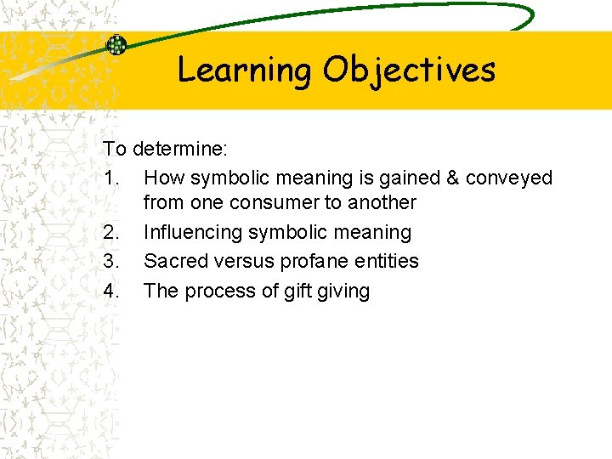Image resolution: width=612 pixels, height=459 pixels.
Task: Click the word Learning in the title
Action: [x=245, y=70]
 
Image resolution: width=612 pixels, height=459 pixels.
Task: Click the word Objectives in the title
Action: [x=409, y=70]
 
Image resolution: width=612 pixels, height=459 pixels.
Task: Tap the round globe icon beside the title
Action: [x=116, y=46]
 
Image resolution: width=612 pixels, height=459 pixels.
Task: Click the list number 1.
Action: [x=110, y=178]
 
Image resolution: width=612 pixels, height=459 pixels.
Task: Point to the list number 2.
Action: [x=110, y=233]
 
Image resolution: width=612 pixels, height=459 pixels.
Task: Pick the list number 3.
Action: [x=110, y=261]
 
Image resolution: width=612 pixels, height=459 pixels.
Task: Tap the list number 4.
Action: [x=110, y=291]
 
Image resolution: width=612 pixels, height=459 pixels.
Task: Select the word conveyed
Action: [x=510, y=178]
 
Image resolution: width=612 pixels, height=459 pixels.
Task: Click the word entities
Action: [x=386, y=261]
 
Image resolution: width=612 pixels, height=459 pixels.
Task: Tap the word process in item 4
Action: [x=216, y=292]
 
